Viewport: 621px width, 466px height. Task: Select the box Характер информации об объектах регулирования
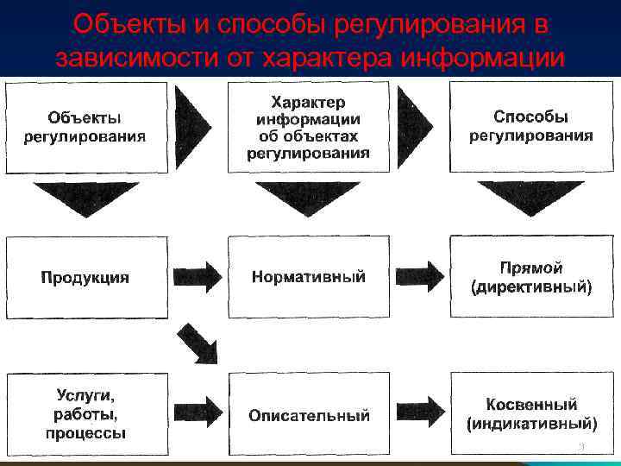coord(308,126)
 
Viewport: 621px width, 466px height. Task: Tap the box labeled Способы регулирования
coord(530,126)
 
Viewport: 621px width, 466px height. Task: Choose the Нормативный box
coord(308,277)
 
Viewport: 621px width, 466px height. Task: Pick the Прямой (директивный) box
coord(530,277)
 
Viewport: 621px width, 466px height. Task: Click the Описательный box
coord(308,415)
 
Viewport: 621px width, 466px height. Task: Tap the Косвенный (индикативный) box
coord(530,415)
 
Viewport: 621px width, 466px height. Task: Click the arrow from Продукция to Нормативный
coord(198,277)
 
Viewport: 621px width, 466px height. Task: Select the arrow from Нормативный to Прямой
coord(420,277)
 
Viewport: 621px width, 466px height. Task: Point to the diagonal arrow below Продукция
coord(198,343)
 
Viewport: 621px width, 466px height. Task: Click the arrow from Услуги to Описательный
coord(198,414)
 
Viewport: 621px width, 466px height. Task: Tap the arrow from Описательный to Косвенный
coord(420,414)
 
